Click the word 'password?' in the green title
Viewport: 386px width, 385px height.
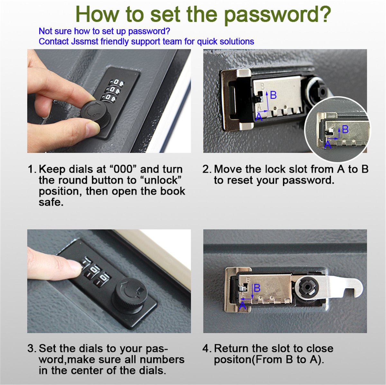(277, 14)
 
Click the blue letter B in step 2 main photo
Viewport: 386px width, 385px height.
(273, 95)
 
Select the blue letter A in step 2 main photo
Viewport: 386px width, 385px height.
(259, 117)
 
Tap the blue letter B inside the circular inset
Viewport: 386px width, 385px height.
(345, 129)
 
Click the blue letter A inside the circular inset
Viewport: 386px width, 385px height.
(327, 145)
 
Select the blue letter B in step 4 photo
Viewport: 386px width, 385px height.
(257, 288)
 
